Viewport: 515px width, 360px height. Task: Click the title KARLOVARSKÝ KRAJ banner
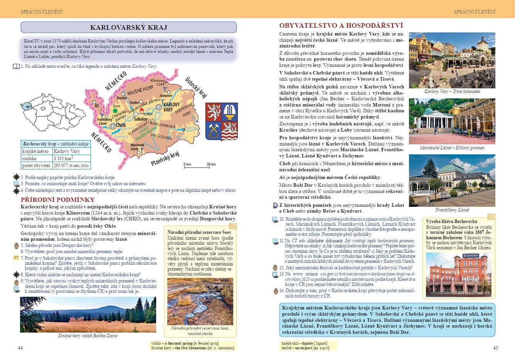coord(128,27)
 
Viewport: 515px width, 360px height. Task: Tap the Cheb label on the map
coord(121,125)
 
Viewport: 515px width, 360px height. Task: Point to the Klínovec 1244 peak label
coord(157,82)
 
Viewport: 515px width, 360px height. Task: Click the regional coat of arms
coord(222,122)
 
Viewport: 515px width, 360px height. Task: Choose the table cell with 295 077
coord(71,166)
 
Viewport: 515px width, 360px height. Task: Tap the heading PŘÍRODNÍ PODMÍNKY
coord(57,199)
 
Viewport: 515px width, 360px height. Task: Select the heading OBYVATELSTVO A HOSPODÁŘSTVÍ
coord(341,26)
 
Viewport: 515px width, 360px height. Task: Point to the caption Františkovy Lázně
coord(452,210)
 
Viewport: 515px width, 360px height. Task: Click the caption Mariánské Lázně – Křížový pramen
coord(452,148)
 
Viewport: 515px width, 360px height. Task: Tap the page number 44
coord(20,348)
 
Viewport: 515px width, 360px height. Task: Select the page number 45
coord(495,348)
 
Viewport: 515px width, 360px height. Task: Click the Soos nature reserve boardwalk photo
coord(200,301)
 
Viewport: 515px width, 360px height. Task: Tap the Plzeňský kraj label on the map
coord(165,159)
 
